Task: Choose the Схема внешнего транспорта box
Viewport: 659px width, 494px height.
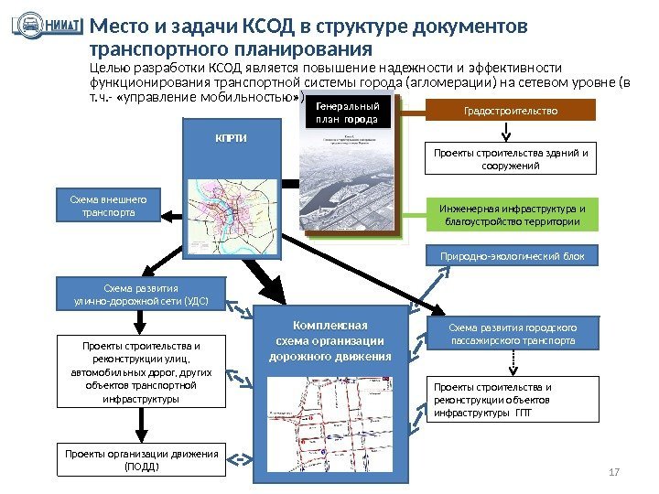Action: [x=108, y=206]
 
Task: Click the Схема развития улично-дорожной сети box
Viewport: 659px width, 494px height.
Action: [x=140, y=294]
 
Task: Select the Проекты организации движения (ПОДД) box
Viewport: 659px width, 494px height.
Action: [x=140, y=460]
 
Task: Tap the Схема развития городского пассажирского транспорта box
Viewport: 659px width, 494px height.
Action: [x=513, y=334]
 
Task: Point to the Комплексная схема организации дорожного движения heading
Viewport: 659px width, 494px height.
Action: [x=329, y=340]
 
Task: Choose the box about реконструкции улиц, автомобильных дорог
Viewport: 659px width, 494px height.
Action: [x=140, y=372]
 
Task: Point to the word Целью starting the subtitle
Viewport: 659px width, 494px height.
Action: [x=107, y=68]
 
